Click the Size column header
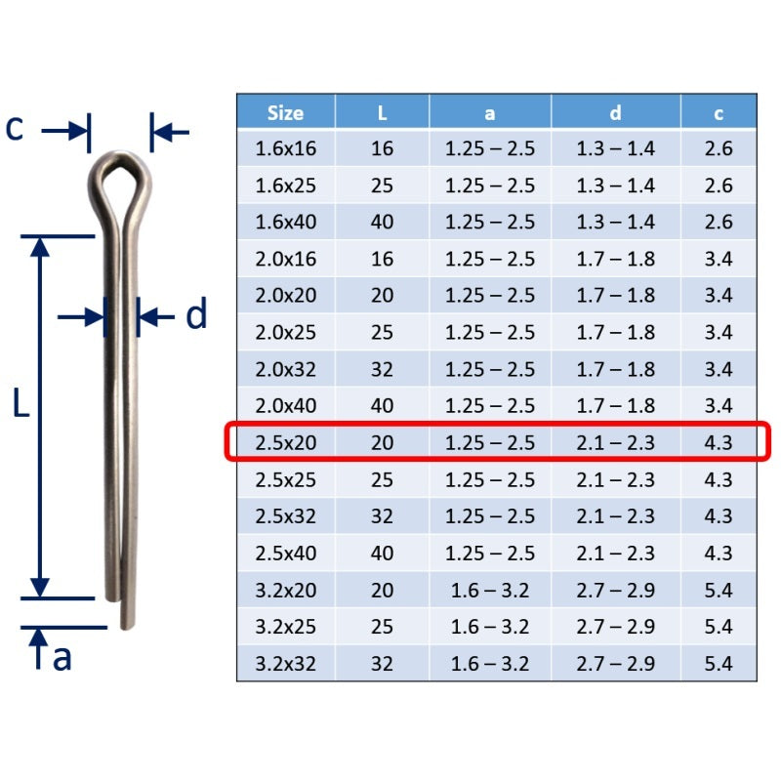(x=285, y=113)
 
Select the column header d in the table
(x=616, y=113)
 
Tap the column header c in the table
(x=719, y=114)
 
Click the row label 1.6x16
(x=285, y=148)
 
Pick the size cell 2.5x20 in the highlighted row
(x=285, y=443)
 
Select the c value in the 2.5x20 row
(x=719, y=443)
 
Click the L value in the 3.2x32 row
(x=382, y=664)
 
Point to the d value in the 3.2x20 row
(x=616, y=591)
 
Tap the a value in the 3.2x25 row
(x=490, y=627)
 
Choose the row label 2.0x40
(x=285, y=406)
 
